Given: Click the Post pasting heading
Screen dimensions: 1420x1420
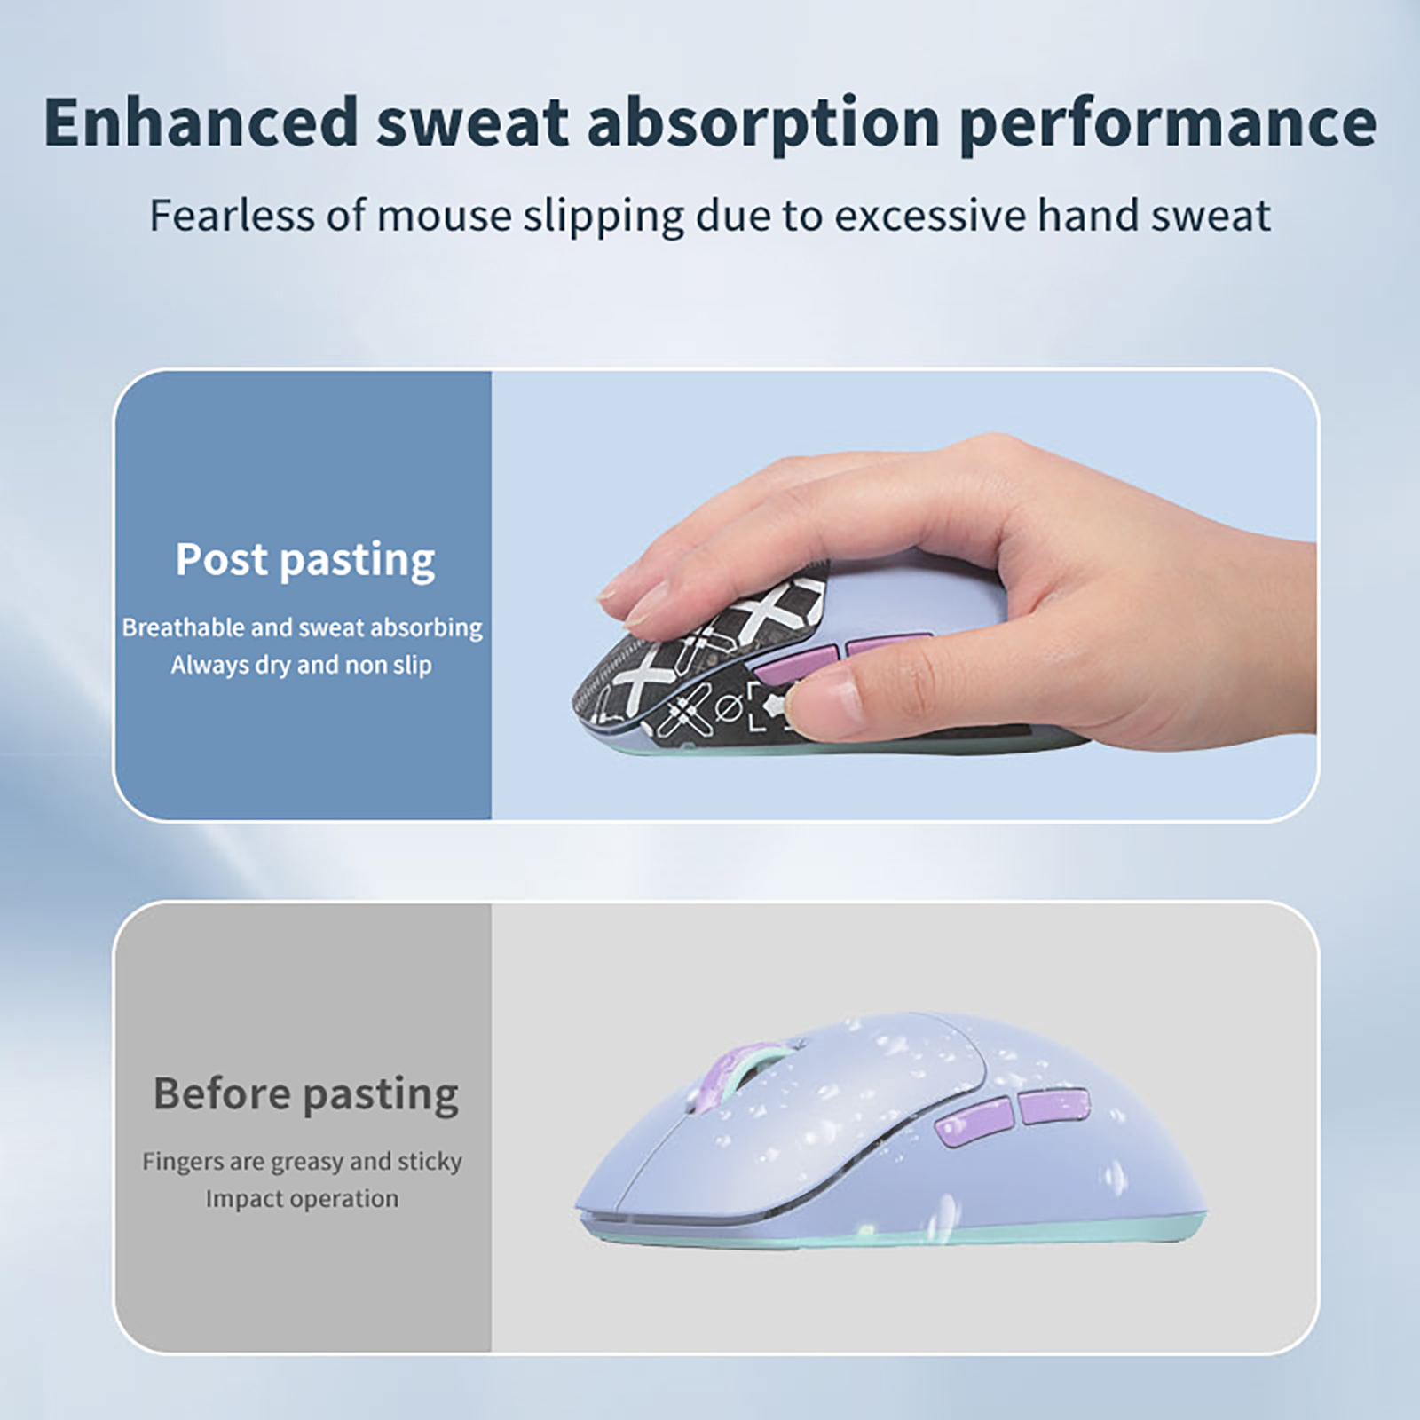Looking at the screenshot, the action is click(x=305, y=560).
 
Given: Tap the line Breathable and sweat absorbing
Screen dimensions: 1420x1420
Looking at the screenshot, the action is click(x=302, y=627).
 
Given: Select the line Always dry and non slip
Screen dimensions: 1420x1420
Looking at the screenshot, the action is click(x=302, y=665).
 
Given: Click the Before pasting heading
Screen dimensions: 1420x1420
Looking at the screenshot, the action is click(x=305, y=1094).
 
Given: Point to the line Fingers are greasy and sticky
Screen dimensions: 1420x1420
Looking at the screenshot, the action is click(x=302, y=1162).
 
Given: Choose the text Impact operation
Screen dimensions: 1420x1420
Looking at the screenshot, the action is click(x=302, y=1199).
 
